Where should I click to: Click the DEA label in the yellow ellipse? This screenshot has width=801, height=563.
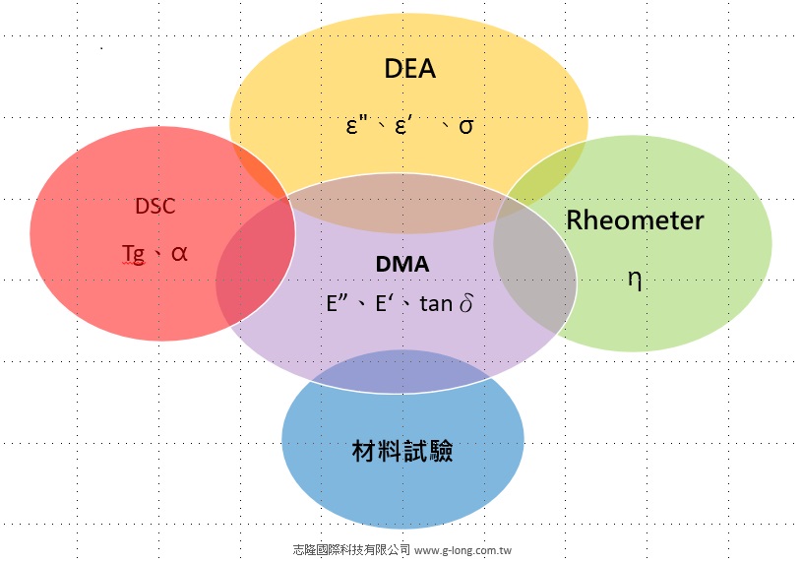click(409, 69)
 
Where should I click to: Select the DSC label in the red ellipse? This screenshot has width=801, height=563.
click(155, 207)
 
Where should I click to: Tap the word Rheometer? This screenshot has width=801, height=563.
click(635, 220)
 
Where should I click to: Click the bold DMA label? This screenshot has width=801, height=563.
click(402, 265)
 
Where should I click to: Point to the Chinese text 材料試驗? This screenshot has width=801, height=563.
click(402, 451)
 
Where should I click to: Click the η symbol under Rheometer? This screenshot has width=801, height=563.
click(635, 279)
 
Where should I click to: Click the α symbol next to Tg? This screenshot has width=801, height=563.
click(178, 252)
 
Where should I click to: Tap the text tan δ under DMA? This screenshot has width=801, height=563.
click(446, 303)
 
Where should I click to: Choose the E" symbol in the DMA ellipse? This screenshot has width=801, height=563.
click(339, 303)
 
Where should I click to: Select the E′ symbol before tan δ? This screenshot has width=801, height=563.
click(385, 303)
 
